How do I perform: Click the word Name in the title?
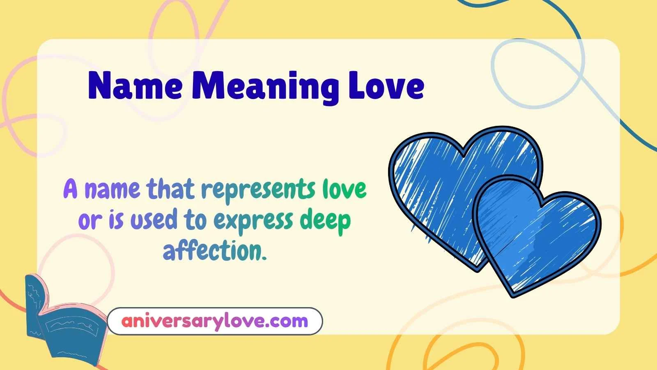[135, 86]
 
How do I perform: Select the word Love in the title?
[386, 86]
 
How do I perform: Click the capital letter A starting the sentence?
[71, 190]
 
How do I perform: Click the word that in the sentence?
[170, 190]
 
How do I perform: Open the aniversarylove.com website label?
[214, 321]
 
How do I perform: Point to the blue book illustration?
[66, 325]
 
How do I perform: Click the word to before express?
[195, 220]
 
